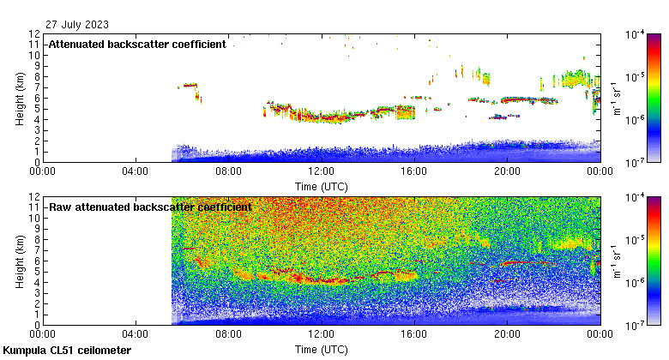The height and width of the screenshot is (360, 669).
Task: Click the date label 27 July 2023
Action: coord(78,24)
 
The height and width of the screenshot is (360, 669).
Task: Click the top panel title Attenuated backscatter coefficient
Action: coord(137,45)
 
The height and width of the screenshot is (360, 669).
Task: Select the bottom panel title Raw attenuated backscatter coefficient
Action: coord(150,207)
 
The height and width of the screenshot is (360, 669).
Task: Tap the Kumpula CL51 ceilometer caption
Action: coord(67,351)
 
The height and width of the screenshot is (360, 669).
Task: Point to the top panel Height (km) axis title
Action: coord(20,98)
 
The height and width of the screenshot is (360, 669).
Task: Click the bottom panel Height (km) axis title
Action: coord(20,261)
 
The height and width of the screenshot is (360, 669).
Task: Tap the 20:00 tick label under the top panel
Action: coord(507,171)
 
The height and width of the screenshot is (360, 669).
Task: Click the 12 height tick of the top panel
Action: coord(35,34)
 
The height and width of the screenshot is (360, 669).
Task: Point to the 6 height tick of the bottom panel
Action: coord(38,261)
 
